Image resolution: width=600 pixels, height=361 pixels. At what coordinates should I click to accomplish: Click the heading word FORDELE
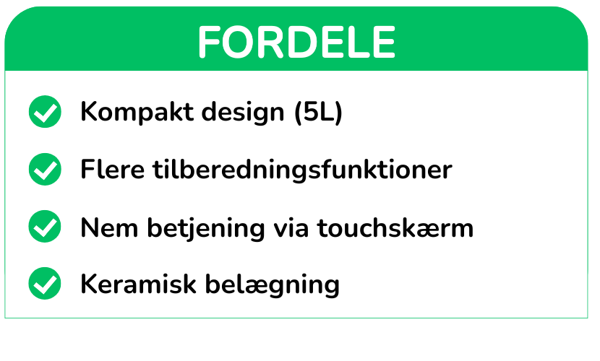coord(296,42)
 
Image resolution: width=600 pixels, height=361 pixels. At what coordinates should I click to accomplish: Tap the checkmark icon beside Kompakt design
coord(45,111)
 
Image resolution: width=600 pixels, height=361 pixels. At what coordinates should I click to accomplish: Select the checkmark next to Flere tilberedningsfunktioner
coord(45,169)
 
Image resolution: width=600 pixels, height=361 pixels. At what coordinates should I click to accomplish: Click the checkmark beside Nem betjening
coord(45,226)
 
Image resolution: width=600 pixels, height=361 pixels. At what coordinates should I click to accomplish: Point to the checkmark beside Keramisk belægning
coord(45,284)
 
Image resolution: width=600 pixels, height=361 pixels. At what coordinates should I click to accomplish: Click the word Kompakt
coord(137,113)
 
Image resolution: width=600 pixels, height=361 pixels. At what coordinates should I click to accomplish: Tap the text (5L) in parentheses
coord(318,113)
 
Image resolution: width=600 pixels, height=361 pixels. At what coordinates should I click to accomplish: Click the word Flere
coord(113,169)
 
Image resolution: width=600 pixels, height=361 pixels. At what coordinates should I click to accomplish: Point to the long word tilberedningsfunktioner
coord(303,170)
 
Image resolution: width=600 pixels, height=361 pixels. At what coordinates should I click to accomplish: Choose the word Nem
coord(109,228)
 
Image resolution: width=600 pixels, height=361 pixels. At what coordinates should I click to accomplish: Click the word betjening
coord(206,228)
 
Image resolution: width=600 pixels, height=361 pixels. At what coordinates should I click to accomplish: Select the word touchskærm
coord(395,227)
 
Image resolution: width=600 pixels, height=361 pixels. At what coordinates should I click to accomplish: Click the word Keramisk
coord(138,284)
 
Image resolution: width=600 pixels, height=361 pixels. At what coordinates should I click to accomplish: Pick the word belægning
coord(273,285)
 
